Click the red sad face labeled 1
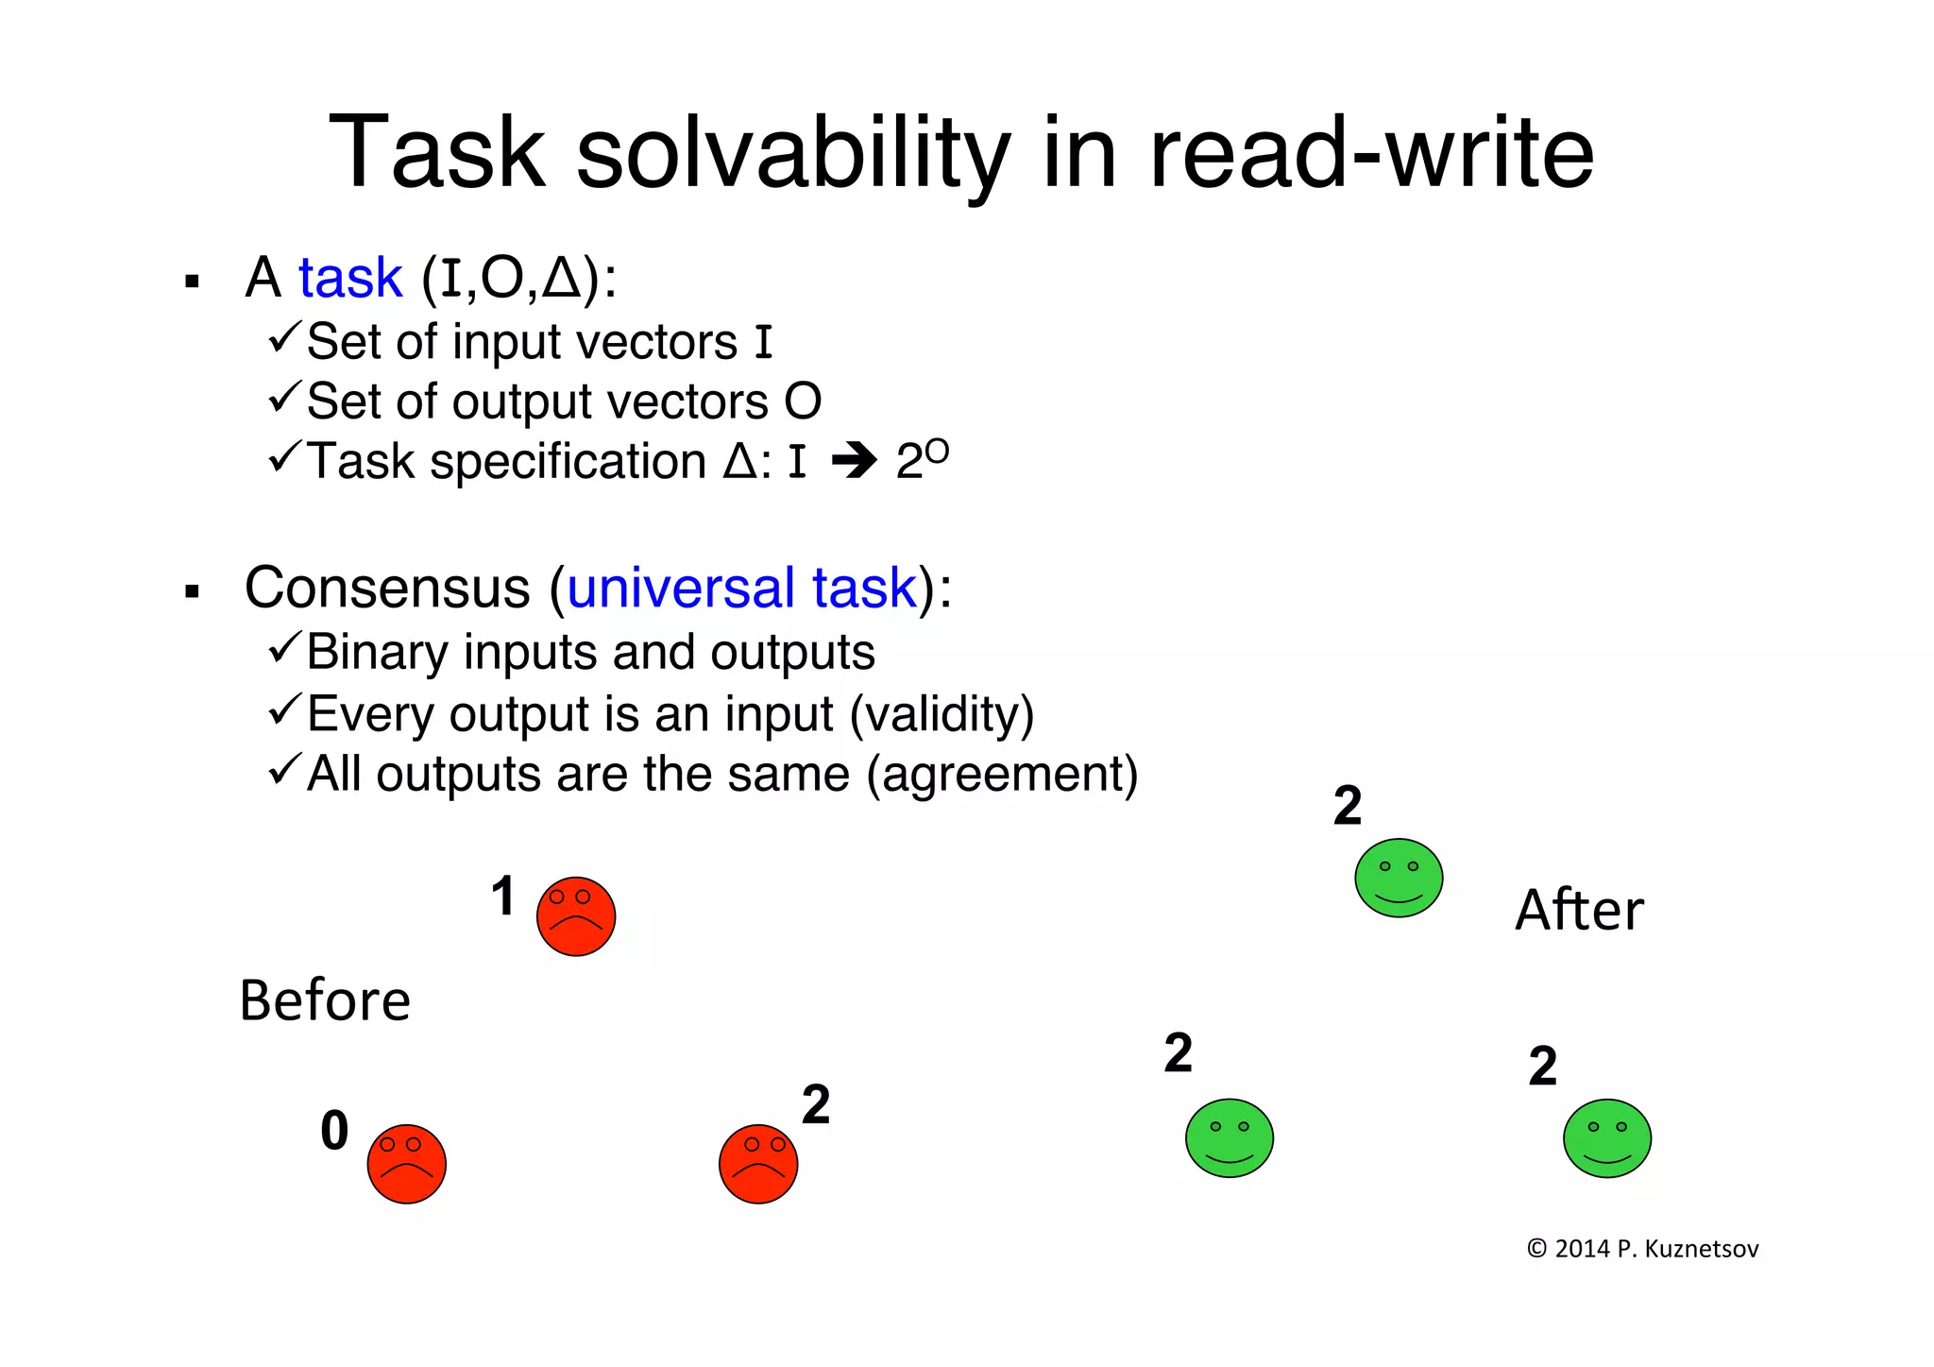click(575, 915)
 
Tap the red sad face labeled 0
click(406, 1163)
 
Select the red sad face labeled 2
click(757, 1163)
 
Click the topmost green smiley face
click(1398, 878)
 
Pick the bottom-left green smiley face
click(1229, 1137)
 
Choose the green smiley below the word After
click(1606, 1137)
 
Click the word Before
click(325, 1000)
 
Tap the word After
click(1579, 910)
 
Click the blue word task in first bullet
click(349, 278)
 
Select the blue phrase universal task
click(741, 588)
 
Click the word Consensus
click(387, 588)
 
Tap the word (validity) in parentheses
click(942, 714)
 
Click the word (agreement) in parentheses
click(1002, 775)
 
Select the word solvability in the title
click(793, 153)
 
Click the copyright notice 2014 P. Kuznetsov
click(1642, 1249)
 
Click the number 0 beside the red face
click(334, 1130)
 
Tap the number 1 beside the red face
click(503, 896)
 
